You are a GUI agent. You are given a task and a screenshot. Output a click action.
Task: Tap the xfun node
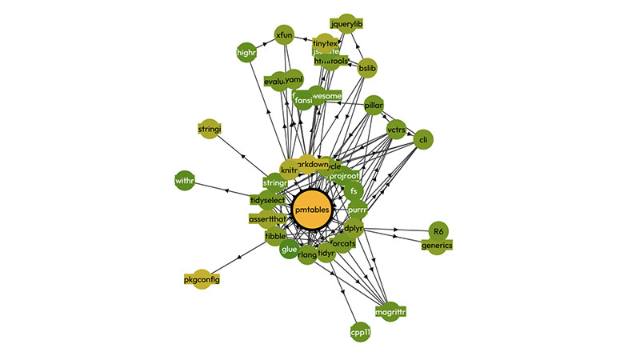pyautogui.click(x=285, y=36)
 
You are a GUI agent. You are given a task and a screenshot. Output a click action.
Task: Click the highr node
pyautogui.click(x=246, y=54)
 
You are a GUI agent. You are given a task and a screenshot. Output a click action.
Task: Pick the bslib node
pyautogui.click(x=367, y=69)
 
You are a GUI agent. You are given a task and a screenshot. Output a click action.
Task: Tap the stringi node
pyautogui.click(x=208, y=128)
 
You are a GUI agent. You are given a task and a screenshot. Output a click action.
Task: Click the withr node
pyautogui.click(x=185, y=182)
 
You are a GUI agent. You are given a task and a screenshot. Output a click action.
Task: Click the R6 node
pyautogui.click(x=438, y=231)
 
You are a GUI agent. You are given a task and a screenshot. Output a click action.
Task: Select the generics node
pyautogui.click(x=438, y=245)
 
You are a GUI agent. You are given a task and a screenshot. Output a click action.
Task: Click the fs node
pyautogui.click(x=354, y=191)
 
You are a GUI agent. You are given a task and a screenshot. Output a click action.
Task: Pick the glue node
pyautogui.click(x=290, y=250)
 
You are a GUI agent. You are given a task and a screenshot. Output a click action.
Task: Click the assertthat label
pyautogui.click(x=266, y=218)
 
